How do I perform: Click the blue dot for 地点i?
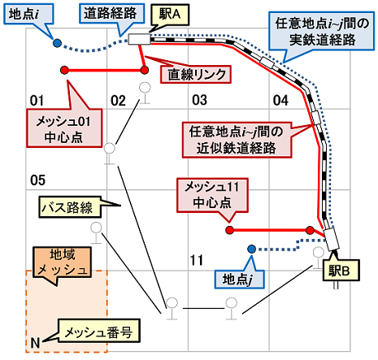(57, 43)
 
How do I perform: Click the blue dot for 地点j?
(252, 249)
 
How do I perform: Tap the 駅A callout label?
(170, 15)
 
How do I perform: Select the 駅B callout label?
(341, 270)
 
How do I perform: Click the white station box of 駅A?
(139, 39)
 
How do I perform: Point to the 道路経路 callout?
(111, 13)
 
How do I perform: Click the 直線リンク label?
(196, 74)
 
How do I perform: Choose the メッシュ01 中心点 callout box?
(64, 128)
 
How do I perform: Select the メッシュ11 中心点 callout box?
(212, 195)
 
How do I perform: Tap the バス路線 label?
(70, 207)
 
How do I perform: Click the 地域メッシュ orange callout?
(62, 262)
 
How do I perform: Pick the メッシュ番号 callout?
(98, 331)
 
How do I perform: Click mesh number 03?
(200, 100)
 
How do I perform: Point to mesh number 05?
(37, 180)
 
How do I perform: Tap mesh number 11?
(197, 260)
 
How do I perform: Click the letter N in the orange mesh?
(35, 343)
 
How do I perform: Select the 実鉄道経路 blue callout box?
(322, 31)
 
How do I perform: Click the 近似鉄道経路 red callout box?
(237, 140)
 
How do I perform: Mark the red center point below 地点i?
(64, 70)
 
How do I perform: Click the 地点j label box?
(240, 279)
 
